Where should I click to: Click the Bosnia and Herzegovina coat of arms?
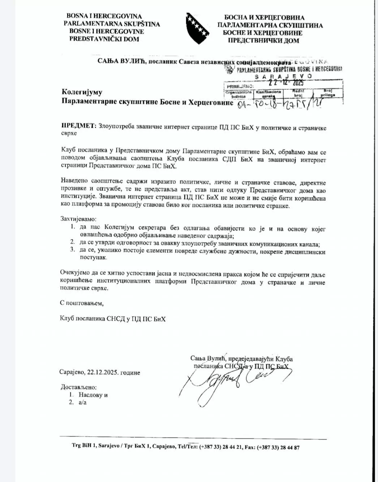(x=198, y=29)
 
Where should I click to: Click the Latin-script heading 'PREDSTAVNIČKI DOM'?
(x=104, y=39)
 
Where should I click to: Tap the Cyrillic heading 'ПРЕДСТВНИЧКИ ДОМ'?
(x=263, y=40)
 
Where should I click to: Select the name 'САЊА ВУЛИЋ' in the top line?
(x=121, y=61)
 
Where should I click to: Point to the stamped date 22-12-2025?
(x=286, y=83)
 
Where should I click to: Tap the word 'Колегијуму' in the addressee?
(x=82, y=92)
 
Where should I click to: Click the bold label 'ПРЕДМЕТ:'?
(x=79, y=126)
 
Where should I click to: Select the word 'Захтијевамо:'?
(x=78, y=219)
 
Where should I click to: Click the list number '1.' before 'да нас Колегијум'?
(x=73, y=227)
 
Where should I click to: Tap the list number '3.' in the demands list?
(x=73, y=249)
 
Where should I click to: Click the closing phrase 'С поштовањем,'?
(x=82, y=303)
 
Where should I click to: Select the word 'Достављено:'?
(x=78, y=387)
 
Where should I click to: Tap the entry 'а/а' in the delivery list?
(x=82, y=402)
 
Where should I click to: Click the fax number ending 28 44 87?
(x=278, y=447)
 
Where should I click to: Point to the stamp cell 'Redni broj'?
(x=298, y=93)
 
